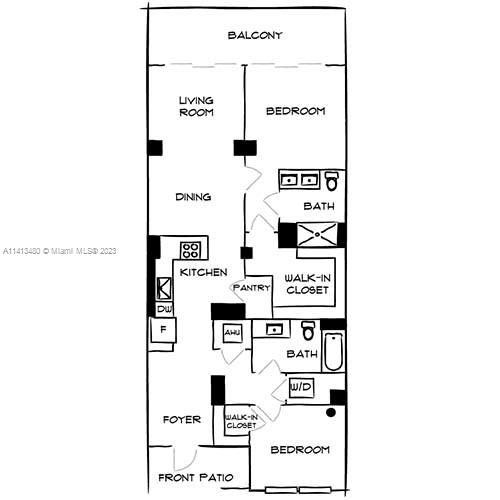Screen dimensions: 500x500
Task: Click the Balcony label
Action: coord(254,35)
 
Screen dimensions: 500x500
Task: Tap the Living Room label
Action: coord(196,106)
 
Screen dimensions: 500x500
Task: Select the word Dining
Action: coord(193,197)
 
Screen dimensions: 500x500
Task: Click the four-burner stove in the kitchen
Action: coord(190,250)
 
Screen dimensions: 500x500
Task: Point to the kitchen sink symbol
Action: coord(163,289)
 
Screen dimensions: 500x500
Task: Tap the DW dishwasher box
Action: coord(163,310)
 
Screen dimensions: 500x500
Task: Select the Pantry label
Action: coord(251,288)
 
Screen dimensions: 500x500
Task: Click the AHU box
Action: coord(232,332)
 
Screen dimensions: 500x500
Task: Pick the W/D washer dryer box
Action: coord(299,387)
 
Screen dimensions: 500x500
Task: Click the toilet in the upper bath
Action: coord(332,181)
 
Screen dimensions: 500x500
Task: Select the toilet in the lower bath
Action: coord(308,330)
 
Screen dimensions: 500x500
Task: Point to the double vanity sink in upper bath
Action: coord(298,181)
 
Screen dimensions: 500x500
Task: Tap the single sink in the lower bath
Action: coord(273,328)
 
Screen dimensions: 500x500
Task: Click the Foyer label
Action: coord(182,420)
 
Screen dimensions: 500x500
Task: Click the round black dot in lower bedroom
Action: coord(328,411)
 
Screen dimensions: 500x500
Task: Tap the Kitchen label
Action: coord(204,272)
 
